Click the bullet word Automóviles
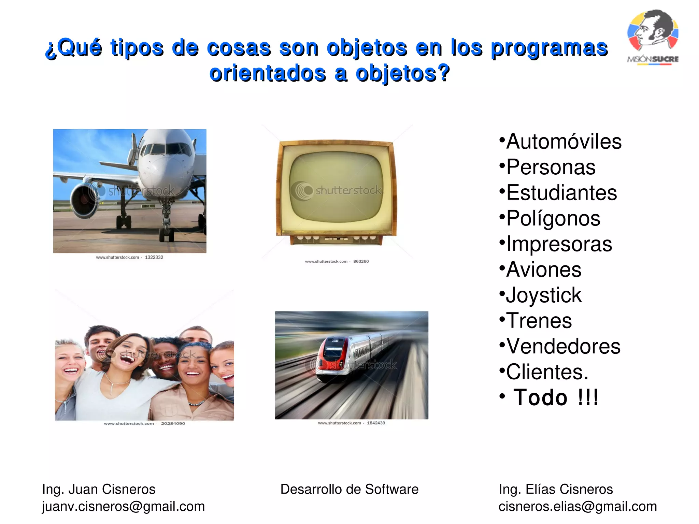pos(564,142)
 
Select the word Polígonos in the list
pos(553,218)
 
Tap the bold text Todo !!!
pos(556,397)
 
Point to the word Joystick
pos(543,295)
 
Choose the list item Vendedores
pos(563,346)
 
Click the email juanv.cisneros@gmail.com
pos(123,507)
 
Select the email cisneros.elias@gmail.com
pos(577,507)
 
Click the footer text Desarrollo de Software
pos(349,489)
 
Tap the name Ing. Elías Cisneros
pos(556,489)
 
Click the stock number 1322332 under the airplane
pos(154,258)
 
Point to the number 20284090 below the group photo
pos(173,423)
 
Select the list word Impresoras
pos(559,244)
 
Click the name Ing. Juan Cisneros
pos(99,489)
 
